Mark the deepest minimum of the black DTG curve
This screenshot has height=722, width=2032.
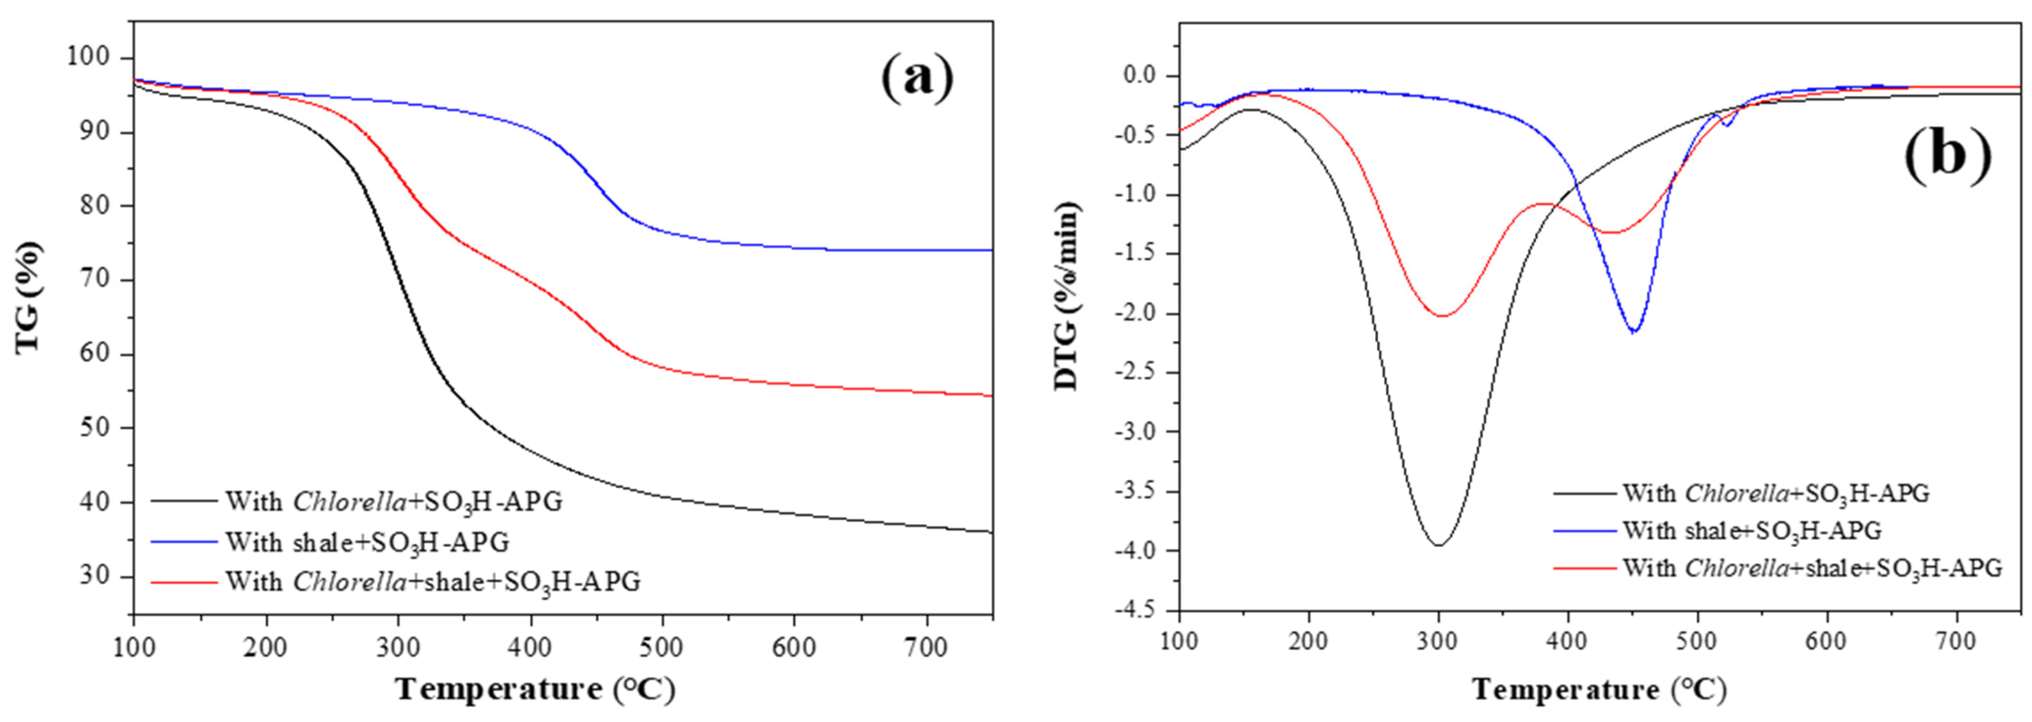tap(1439, 545)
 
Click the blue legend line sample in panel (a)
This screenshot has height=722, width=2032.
tap(183, 541)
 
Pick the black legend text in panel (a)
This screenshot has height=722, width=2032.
tap(394, 502)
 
